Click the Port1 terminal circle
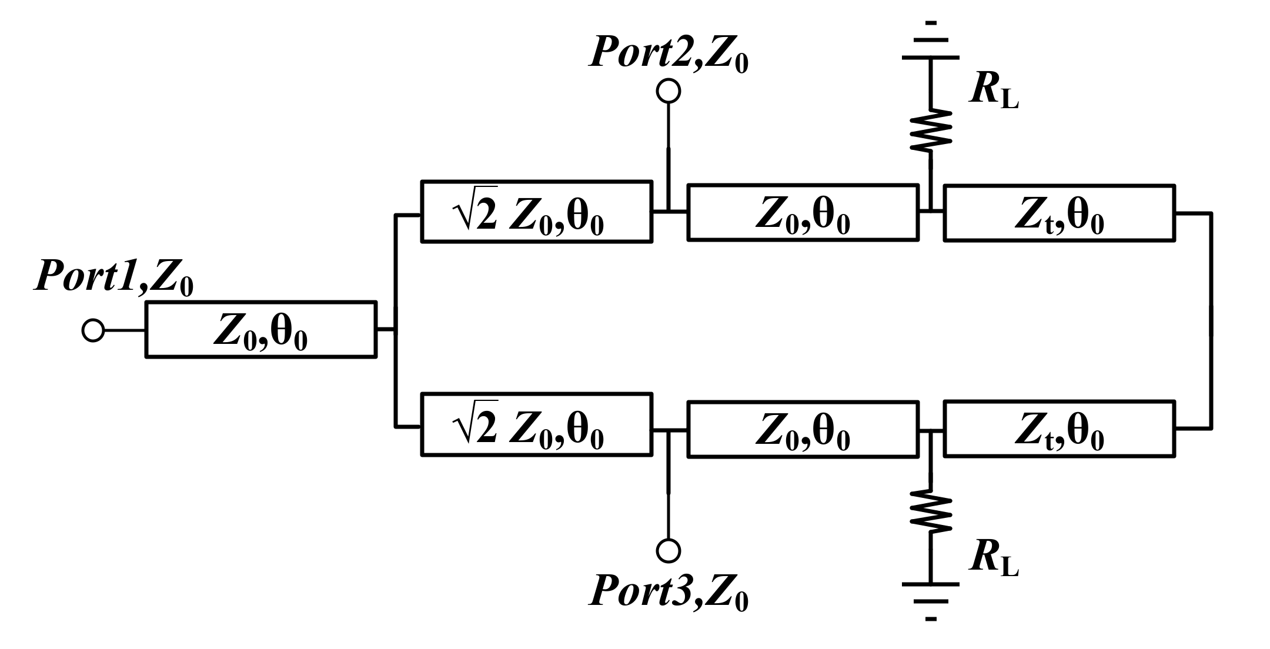[93, 330]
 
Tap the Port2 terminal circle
[668, 91]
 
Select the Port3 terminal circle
[668, 550]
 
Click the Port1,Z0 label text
[114, 277]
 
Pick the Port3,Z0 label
[669, 591]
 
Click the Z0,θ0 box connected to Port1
[260, 330]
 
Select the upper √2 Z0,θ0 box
[536, 212]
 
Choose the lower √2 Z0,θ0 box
[536, 424]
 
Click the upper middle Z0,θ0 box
[803, 213]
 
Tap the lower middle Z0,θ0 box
[803, 429]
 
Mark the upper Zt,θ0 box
[1059, 213]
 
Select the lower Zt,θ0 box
[1059, 429]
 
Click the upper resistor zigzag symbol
[930, 131]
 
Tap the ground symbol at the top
[930, 41]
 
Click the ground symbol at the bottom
[930, 601]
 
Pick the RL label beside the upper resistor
[994, 91]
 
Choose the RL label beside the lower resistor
[994, 557]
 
